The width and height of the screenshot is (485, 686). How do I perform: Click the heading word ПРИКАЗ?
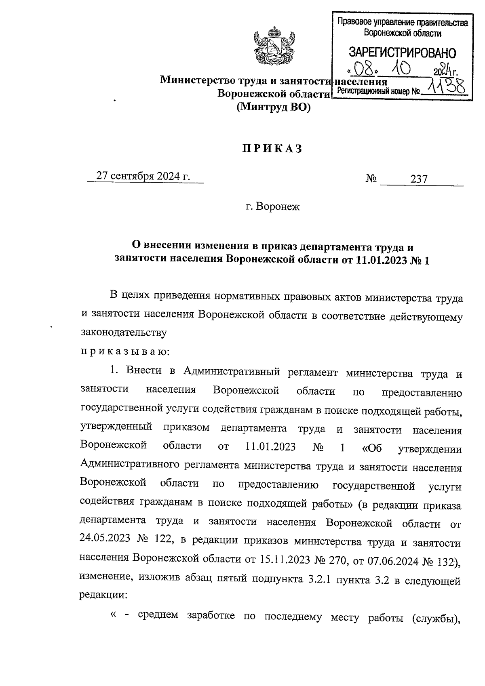[x=272, y=149]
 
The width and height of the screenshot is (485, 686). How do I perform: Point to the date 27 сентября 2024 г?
[x=143, y=177]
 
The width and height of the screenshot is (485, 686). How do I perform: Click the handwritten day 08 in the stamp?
[x=365, y=69]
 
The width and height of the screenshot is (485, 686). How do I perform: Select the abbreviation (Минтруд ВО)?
[x=274, y=107]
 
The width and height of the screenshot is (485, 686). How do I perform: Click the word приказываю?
[x=125, y=351]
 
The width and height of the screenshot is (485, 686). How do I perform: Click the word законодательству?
[x=124, y=333]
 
